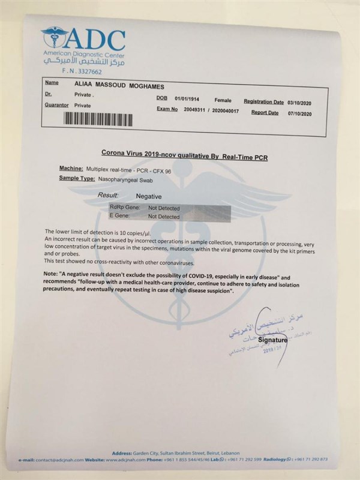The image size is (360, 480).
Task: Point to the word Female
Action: (x=222, y=100)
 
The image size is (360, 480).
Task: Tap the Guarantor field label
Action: (x=56, y=105)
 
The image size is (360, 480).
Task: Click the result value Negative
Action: (x=148, y=196)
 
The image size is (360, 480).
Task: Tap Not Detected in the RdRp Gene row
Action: (x=164, y=208)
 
